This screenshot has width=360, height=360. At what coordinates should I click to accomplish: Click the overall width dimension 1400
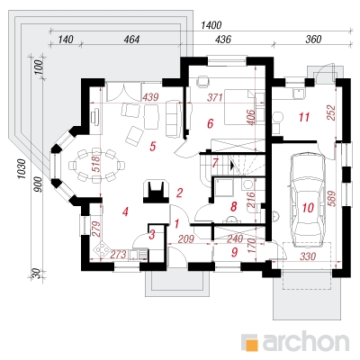coord(211,25)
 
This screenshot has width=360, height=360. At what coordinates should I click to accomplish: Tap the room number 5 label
coord(153,147)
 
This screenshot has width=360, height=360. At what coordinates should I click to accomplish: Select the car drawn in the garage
coord(308,200)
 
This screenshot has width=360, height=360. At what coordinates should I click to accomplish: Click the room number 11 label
coord(304,117)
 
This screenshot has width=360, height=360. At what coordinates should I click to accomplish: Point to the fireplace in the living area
coord(156,191)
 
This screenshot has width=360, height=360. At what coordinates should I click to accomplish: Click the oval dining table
coord(96,166)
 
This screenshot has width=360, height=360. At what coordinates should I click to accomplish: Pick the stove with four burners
coord(103,249)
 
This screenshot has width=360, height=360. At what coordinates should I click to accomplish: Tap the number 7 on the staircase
coord(215,163)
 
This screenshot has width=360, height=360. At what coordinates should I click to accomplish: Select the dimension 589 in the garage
coord(332,199)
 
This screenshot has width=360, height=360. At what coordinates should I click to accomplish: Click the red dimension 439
coord(150,97)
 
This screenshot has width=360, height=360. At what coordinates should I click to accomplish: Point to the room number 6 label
coord(210,123)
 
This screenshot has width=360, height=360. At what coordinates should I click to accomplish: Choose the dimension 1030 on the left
coord(22,169)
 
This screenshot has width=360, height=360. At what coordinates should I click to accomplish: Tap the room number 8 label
coord(233,206)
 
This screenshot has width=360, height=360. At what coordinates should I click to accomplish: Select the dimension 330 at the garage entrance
coord(308,256)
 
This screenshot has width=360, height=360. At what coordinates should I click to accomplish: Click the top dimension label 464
coord(131,40)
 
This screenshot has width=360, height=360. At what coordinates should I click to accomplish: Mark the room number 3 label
coord(152,235)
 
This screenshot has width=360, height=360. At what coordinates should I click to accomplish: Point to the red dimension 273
coord(118,255)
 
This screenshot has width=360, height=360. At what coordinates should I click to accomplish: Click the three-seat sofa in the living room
coord(174,119)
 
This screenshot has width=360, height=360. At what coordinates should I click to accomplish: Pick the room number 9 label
coord(234,252)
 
